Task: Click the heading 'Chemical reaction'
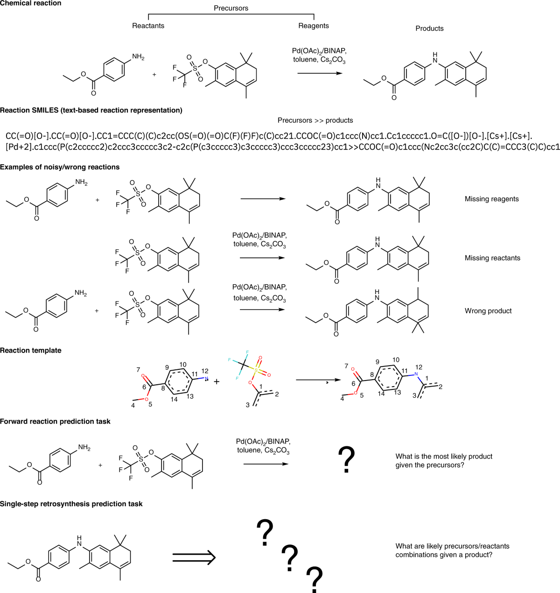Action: pyautogui.click(x=30, y=3)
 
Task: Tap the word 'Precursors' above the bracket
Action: pyautogui.click(x=231, y=8)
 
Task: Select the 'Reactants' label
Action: pyautogui.click(x=148, y=26)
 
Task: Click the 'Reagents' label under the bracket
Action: pyautogui.click(x=314, y=26)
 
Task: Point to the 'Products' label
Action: pyautogui.click(x=429, y=28)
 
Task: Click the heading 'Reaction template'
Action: pyautogui.click(x=30, y=350)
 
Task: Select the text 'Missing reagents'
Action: pyautogui.click(x=492, y=199)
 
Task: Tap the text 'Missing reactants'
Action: pyautogui.click(x=492, y=258)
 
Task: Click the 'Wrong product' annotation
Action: pyautogui.click(x=488, y=311)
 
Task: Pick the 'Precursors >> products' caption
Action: pyautogui.click(x=315, y=120)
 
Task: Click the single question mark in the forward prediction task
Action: pyautogui.click(x=346, y=459)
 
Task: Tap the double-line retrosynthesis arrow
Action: pyautogui.click(x=194, y=558)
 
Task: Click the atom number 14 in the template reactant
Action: pyautogui.click(x=174, y=399)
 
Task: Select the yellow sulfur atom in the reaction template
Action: pyautogui.click(x=256, y=370)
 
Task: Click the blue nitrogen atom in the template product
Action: pyautogui.click(x=416, y=374)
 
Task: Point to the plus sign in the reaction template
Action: pyautogui.click(x=217, y=381)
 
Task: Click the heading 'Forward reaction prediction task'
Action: pyautogui.click(x=55, y=421)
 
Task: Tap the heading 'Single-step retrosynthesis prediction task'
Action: pyautogui.click(x=71, y=504)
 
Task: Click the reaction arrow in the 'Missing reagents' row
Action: pyautogui.click(x=263, y=198)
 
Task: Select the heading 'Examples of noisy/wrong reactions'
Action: pyautogui.click(x=60, y=167)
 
